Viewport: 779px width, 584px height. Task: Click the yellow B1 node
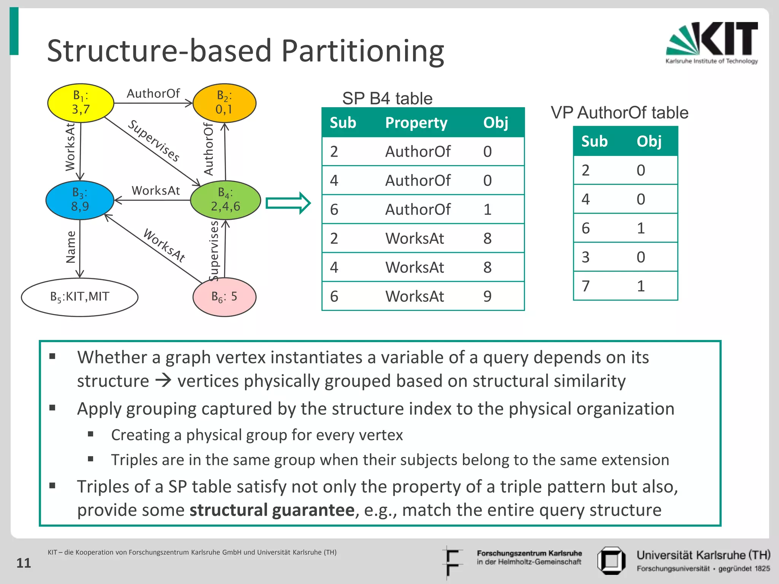pos(81,103)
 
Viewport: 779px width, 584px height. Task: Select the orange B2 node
pos(224,103)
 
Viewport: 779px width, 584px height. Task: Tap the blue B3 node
pos(80,200)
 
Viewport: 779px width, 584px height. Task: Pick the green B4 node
pos(225,200)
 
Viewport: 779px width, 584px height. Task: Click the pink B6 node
pos(224,297)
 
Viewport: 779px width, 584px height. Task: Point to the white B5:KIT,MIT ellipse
pos(79,297)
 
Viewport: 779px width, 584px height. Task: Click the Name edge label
pos(71,247)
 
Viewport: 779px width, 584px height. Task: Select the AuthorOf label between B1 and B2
pos(153,94)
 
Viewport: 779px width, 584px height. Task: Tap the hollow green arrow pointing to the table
pos(288,203)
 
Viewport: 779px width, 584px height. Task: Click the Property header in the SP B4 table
pos(416,123)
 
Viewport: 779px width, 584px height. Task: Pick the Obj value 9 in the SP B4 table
pos(487,296)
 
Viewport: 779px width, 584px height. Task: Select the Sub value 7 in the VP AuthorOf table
pos(586,286)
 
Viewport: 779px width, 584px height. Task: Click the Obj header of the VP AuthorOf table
pos(649,141)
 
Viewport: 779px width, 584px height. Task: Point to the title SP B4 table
pos(387,98)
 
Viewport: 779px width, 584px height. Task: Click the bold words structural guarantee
pos(272,510)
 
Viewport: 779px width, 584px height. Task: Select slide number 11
pos(24,563)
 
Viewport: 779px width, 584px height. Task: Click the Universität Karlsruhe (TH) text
pos(703,555)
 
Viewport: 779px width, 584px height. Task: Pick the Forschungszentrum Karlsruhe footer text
pos(529,554)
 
